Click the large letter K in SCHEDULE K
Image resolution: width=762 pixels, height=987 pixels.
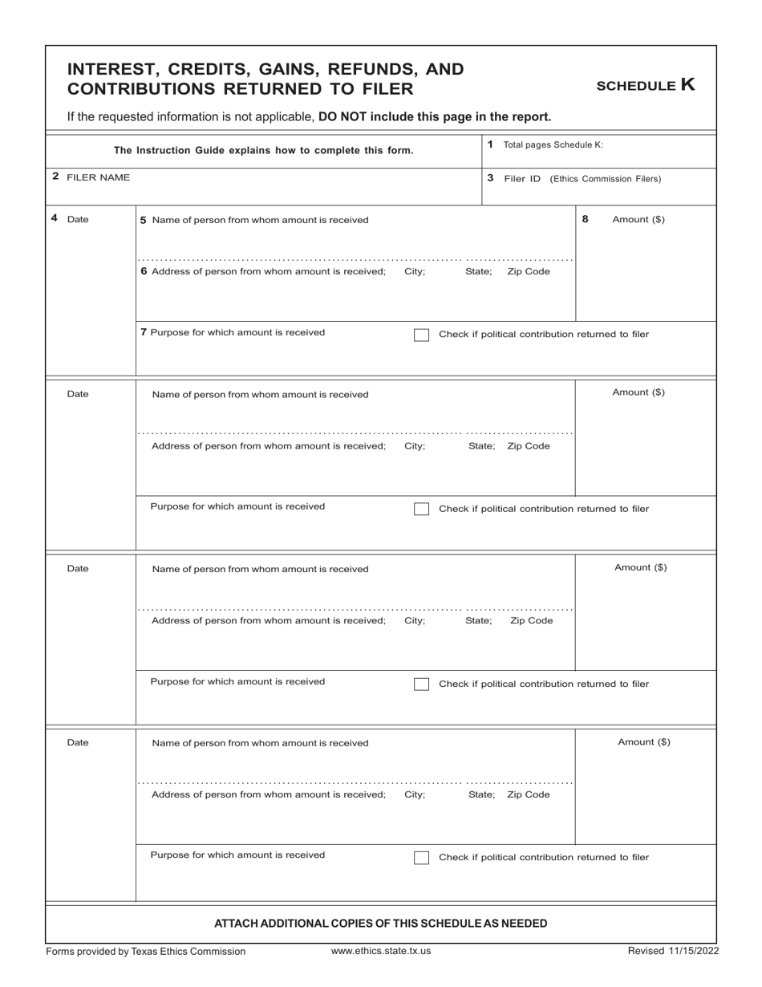coord(687,84)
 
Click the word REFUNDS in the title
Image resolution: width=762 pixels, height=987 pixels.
coord(328,69)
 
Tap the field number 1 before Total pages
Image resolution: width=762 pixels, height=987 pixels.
coord(490,144)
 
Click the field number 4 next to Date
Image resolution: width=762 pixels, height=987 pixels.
coord(54,218)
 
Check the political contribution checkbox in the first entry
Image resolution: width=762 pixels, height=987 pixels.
coord(421,335)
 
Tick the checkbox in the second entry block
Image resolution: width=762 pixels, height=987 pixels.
coord(421,509)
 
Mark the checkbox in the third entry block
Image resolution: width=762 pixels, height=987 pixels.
coord(421,684)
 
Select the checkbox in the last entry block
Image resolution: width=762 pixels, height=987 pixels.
coord(421,858)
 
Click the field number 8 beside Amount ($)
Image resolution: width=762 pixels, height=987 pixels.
coord(585,218)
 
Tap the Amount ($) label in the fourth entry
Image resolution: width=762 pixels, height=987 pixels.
coord(644,742)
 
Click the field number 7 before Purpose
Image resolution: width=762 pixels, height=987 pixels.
coord(144,332)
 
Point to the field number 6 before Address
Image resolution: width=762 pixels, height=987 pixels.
coord(144,271)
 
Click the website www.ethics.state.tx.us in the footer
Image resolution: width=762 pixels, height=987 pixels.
coord(381,951)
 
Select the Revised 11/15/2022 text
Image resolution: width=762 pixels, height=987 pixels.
coord(673,951)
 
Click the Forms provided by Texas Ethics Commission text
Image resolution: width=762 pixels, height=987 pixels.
coord(146,952)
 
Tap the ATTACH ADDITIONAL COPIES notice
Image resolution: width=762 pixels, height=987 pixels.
coord(381,924)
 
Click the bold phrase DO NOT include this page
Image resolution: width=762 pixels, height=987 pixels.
coord(435,116)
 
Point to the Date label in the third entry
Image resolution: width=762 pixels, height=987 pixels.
coord(78,569)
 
